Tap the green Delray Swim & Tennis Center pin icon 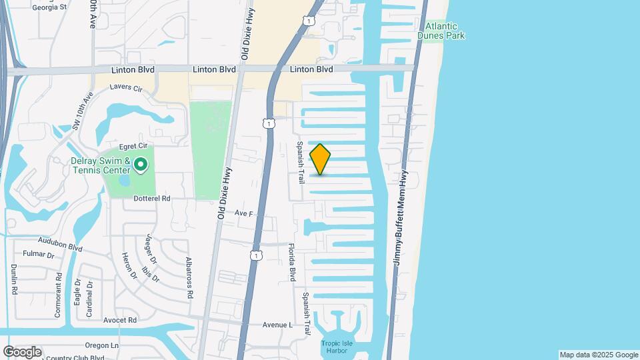point(141,165)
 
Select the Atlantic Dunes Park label point(441,31)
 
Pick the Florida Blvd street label point(292,262)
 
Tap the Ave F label point(244,213)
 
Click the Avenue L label point(277,325)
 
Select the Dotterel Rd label point(152,198)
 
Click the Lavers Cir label point(126,88)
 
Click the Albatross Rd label point(189,277)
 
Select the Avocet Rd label point(120,320)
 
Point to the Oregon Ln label point(102,345)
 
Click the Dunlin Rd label point(13,279)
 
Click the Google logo point(22,351)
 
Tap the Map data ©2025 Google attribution point(599,355)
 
